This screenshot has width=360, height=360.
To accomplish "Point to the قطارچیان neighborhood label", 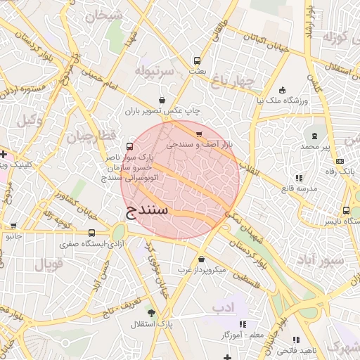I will tap(89, 135).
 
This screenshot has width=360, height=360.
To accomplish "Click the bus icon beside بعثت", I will tap(196, 60).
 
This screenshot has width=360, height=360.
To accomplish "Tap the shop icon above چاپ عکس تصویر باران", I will tap(163, 100).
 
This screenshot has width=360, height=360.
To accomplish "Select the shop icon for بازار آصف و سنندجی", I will tap(199, 134).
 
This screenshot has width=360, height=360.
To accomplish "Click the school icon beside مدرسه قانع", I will tap(299, 178).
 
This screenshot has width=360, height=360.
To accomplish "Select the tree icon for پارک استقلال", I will tap(150, 311).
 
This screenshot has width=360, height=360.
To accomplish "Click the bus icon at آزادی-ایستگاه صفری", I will tap(91, 233).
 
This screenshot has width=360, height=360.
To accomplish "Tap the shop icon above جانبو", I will tap(14, 226).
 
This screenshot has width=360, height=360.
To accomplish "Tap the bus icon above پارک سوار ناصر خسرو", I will tap(129, 146).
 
